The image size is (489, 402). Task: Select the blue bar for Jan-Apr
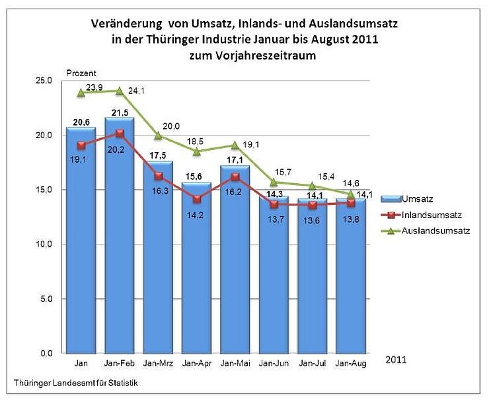click(197, 278)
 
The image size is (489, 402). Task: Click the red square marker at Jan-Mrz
click(158, 177)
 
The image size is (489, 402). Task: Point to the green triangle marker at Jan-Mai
click(235, 145)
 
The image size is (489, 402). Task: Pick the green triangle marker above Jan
click(81, 93)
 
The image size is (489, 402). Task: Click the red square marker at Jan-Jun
click(274, 204)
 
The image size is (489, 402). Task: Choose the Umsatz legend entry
click(421, 198)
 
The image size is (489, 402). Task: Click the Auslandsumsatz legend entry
click(436, 231)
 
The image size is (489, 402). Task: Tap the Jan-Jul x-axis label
click(312, 364)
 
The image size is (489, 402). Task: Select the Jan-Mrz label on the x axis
click(158, 364)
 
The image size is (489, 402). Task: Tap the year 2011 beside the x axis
click(395, 360)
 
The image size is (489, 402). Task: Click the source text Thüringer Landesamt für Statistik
click(77, 382)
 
